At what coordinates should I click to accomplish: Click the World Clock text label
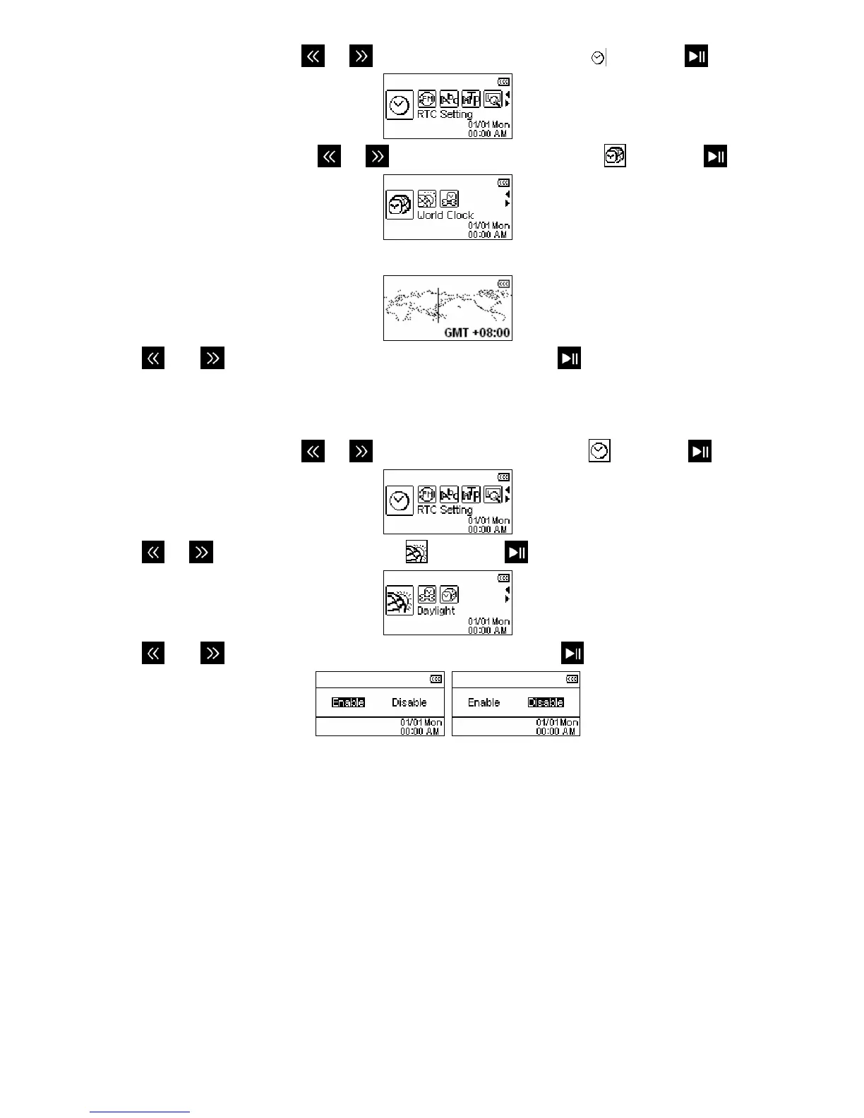tap(445, 215)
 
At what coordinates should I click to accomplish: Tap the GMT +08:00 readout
tap(476, 332)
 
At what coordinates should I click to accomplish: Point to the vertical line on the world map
tap(438, 305)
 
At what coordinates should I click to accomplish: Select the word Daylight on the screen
tap(436, 611)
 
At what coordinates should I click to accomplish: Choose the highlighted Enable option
tap(348, 702)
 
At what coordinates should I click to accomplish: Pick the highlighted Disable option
tap(546, 702)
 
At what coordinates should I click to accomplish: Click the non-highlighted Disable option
tap(409, 702)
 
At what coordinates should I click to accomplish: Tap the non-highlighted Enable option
tap(484, 702)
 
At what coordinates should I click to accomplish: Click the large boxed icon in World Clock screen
tap(400, 205)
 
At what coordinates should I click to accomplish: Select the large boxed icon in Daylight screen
tap(400, 601)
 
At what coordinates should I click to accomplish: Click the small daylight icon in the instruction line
tap(416, 552)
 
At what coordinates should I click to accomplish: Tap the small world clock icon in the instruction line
tap(615, 156)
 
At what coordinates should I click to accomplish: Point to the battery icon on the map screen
tap(503, 284)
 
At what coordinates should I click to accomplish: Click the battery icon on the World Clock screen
tap(503, 183)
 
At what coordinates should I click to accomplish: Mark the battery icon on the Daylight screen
tap(503, 578)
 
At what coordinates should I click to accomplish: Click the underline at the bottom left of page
tap(140, 1112)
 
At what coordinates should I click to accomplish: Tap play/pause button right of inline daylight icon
tap(517, 552)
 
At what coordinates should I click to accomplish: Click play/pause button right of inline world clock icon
tap(715, 156)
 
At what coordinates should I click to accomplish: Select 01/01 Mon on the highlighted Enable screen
tap(421, 723)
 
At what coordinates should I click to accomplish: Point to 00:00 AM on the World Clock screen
tap(488, 234)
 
